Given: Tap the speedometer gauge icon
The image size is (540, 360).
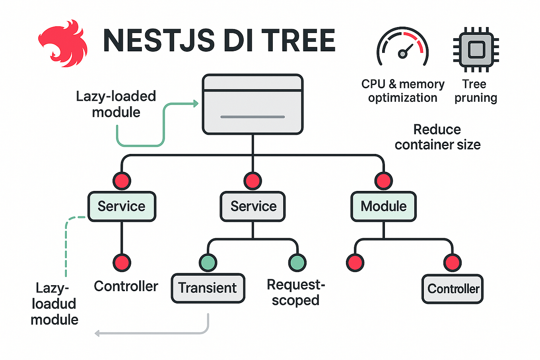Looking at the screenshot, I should point(402,47).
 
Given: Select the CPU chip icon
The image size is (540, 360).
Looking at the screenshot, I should point(476,50).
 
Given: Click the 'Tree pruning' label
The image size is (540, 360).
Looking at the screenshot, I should point(476,91).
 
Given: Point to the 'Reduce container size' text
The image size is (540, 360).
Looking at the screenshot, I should point(437,137).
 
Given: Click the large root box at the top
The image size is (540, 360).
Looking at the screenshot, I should point(253,104).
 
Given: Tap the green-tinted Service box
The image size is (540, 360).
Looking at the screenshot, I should point(122,206).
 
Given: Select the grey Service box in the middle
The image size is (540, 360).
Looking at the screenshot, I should point(253,206).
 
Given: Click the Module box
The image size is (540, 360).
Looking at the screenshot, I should point(383,206).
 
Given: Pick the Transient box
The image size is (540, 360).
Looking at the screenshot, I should point(208,288).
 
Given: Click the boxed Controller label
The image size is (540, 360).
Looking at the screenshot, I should point(453,289).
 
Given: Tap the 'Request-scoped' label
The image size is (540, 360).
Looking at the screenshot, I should point(295,292).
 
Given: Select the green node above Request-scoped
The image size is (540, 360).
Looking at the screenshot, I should point(297,263).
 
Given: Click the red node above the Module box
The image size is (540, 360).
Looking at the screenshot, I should point(383,181).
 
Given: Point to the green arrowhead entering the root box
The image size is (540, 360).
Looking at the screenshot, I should point(196,104).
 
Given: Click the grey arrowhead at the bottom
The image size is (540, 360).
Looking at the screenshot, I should point(97,333).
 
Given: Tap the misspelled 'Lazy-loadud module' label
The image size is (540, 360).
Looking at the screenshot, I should point(54,304).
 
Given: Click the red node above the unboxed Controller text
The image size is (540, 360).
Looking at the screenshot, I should point(122,263).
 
